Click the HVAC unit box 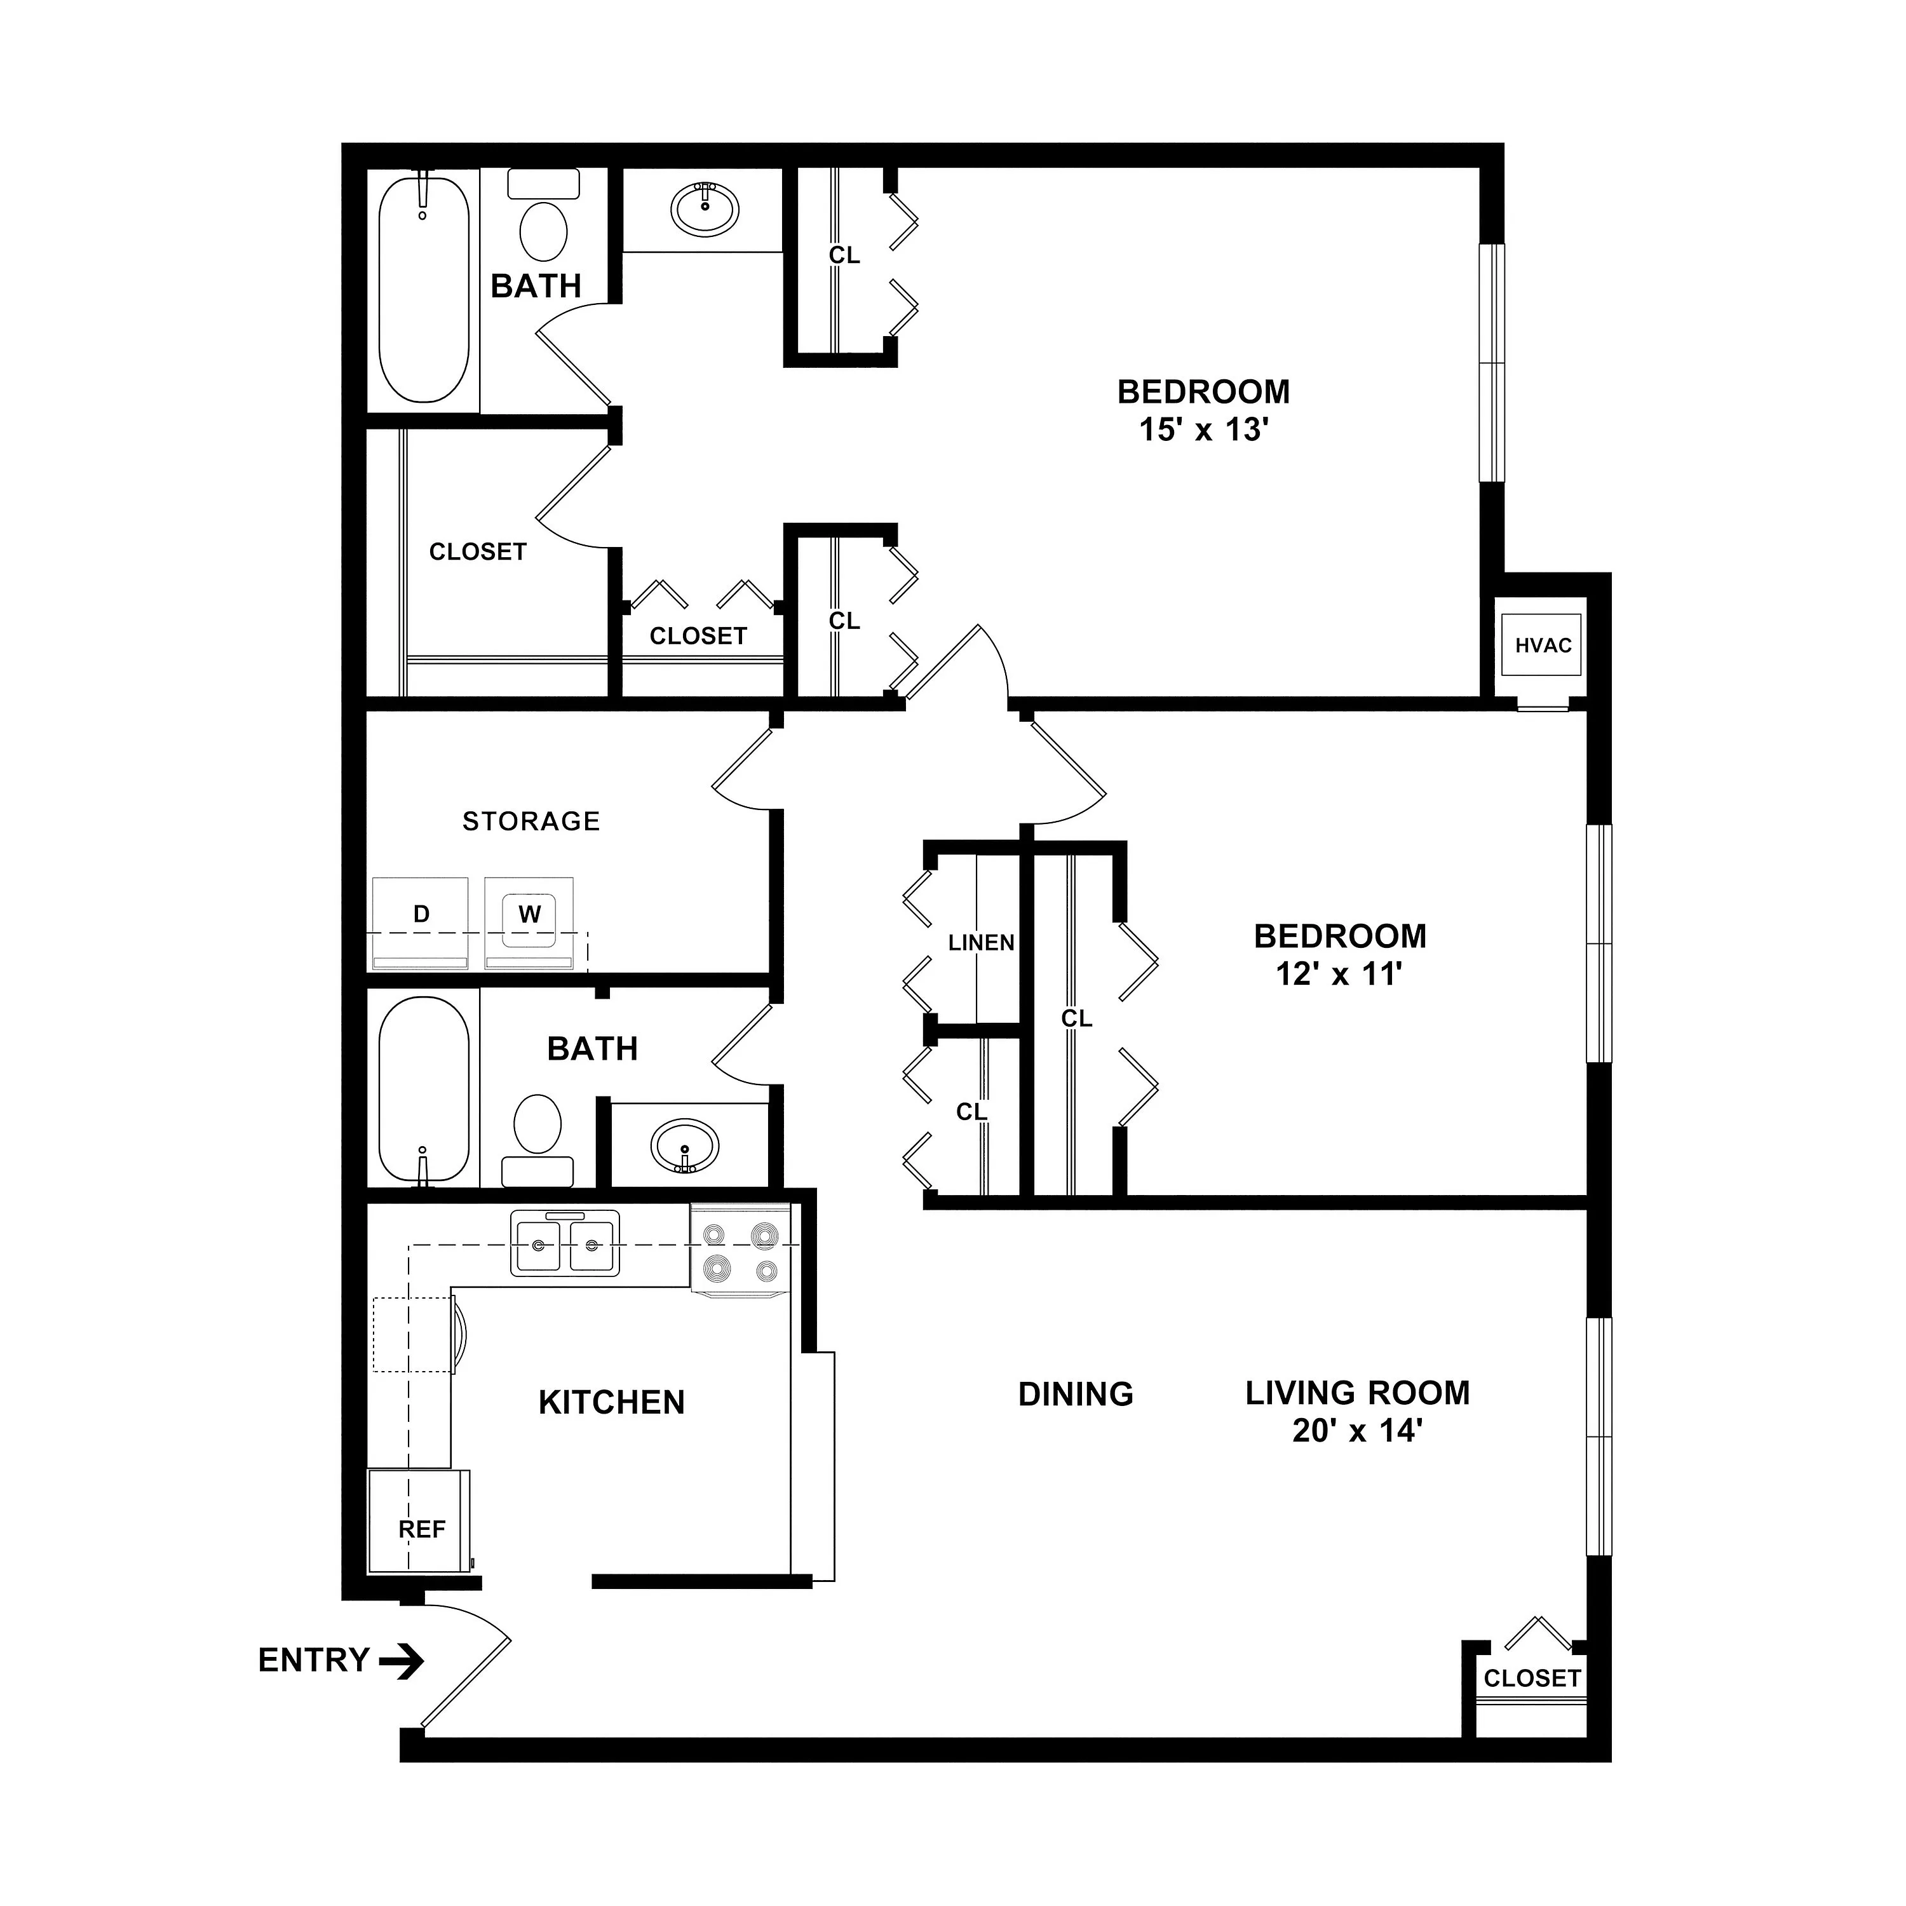pyautogui.click(x=1543, y=645)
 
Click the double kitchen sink pyautogui.click(x=565, y=1243)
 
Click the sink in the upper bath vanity pyautogui.click(x=705, y=207)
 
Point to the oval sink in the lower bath pyautogui.click(x=685, y=1146)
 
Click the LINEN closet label pyautogui.click(x=982, y=943)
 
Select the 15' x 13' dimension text pyautogui.click(x=1203, y=430)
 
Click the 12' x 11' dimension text pyautogui.click(x=1340, y=975)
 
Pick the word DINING pyautogui.click(x=1076, y=1394)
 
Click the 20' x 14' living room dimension pyautogui.click(x=1358, y=1431)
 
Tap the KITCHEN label pyautogui.click(x=612, y=1402)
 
